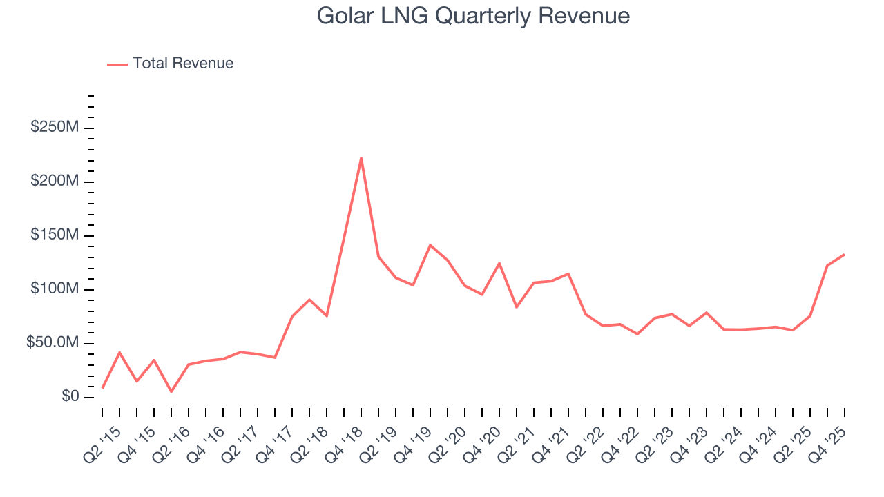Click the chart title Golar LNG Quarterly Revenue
tap(473, 16)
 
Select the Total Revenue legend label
tap(183, 64)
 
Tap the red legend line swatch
tap(117, 64)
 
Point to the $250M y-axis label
tap(55, 128)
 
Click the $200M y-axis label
tap(55, 182)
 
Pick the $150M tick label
tap(55, 235)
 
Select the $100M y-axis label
tap(55, 289)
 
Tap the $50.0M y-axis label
tap(52, 343)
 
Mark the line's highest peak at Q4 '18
tap(361, 158)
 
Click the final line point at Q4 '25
tap(844, 255)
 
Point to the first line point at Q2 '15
tap(102, 388)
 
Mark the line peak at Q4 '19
tap(430, 245)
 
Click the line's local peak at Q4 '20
tap(499, 263)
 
